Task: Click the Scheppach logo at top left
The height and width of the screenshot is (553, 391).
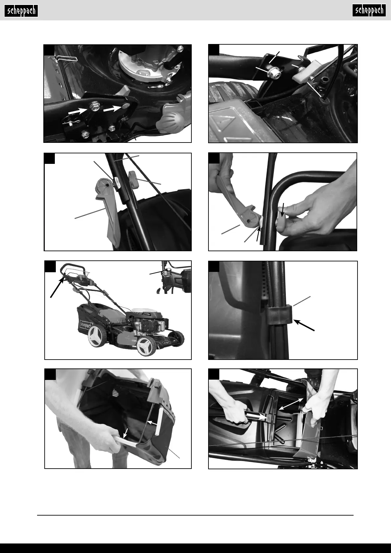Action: tap(21, 11)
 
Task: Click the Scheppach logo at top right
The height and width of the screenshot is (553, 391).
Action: tap(369, 11)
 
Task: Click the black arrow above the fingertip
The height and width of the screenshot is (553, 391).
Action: tap(283, 210)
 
